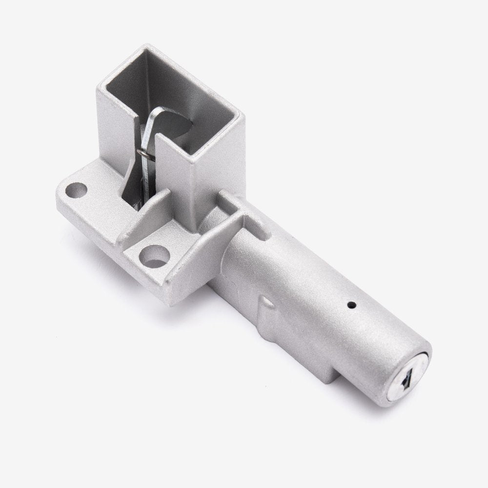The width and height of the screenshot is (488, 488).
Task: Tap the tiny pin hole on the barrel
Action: pos(351,306)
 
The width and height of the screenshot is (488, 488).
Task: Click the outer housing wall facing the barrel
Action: pos(215,161)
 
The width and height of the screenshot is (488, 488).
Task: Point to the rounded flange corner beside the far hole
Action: pos(61,185)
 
